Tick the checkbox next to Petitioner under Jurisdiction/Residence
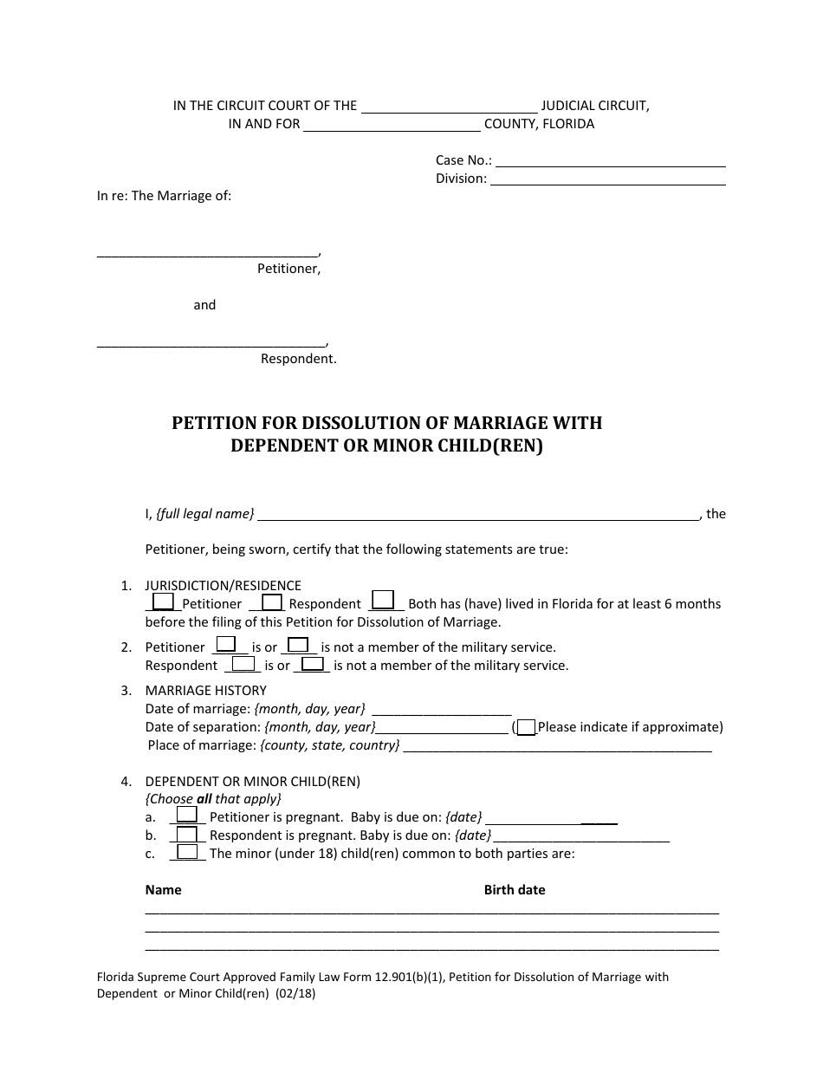pyautogui.click(x=163, y=601)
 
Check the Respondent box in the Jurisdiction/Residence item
pyautogui.click(x=272, y=601)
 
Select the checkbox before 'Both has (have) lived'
pyautogui.click(x=382, y=600)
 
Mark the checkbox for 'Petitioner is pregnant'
pyautogui.click(x=186, y=816)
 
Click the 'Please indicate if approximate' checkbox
pyautogui.click(x=526, y=727)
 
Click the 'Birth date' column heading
pyautogui.click(x=515, y=889)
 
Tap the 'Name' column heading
pyautogui.click(x=164, y=889)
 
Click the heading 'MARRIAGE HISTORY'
pyautogui.click(x=206, y=690)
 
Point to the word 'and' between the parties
pyautogui.click(x=204, y=305)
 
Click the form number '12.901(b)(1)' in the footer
pyautogui.click(x=409, y=977)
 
